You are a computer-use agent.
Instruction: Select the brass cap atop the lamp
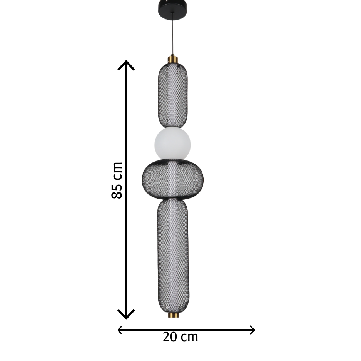173,59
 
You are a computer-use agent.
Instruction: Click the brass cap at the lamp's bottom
173,315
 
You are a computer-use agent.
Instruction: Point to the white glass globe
172,143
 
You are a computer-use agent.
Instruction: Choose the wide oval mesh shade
173,179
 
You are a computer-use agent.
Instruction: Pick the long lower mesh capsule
173,255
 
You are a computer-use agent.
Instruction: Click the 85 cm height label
117,180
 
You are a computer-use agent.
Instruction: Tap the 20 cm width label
180,337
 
